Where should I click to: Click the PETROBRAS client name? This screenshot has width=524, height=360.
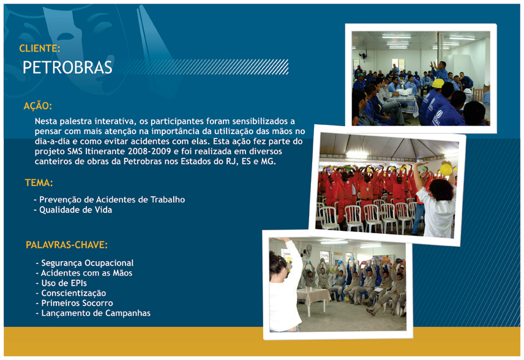click(67, 67)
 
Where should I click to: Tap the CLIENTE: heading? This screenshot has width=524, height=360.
click(40, 48)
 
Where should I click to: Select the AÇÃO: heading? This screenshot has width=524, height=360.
click(38, 106)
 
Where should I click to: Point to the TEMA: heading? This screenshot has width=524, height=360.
click(39, 183)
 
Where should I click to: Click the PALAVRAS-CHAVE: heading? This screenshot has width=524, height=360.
click(67, 245)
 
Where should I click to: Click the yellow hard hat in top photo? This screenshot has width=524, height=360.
click(438, 83)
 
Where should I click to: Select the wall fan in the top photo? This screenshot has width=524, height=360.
click(363, 55)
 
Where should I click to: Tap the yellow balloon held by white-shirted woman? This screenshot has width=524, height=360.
click(446, 169)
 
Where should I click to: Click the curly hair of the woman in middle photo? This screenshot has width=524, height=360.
click(441, 190)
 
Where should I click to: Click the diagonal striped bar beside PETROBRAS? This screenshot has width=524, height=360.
click(203, 67)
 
